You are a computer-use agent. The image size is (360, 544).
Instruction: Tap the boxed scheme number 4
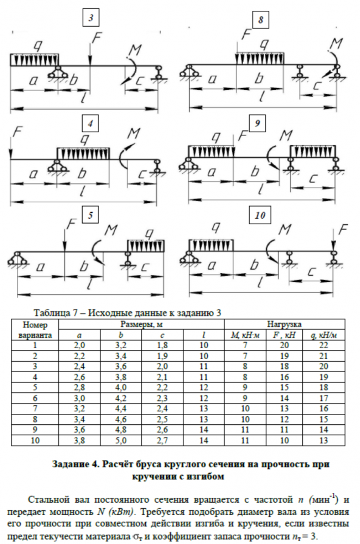91,123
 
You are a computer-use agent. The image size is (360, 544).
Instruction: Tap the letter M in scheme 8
338,43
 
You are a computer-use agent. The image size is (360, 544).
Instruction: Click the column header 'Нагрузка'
284,324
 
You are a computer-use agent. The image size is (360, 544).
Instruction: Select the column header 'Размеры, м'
142,324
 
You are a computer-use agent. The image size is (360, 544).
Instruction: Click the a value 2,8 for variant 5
79,388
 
